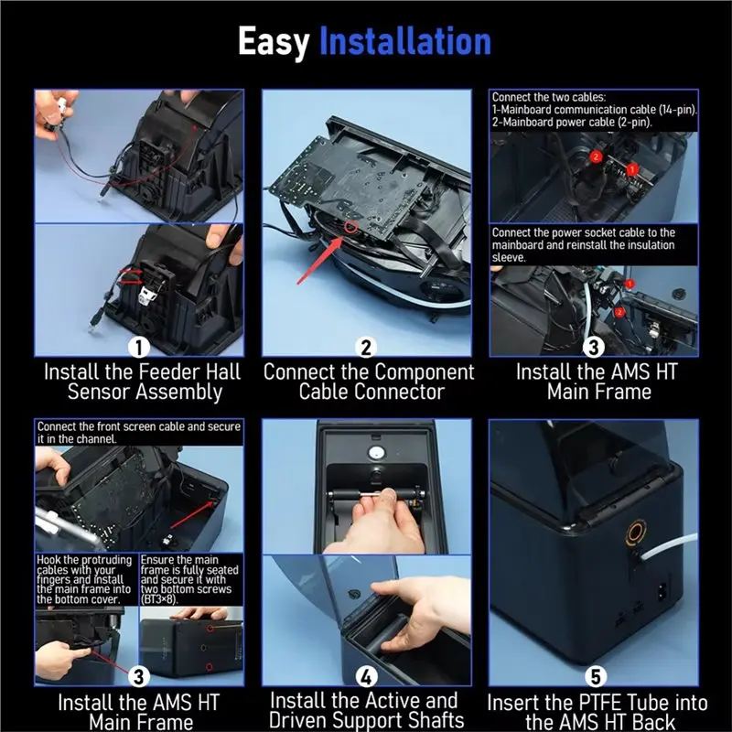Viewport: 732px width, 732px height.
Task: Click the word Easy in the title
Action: [x=273, y=42]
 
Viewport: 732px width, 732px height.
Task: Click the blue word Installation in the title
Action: [x=404, y=41]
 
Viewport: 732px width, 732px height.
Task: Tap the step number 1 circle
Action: [x=139, y=348]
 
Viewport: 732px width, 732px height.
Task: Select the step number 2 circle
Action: [x=367, y=348]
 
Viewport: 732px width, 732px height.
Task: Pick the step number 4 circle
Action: [x=367, y=676]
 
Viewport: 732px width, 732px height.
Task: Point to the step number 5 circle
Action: [x=596, y=676]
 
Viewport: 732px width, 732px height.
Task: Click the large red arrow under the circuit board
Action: [x=320, y=260]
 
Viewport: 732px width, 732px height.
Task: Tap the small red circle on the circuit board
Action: [x=351, y=227]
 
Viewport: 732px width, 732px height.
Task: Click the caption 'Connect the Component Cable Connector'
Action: [x=369, y=382]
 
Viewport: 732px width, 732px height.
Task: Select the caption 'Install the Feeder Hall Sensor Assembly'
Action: [x=143, y=382]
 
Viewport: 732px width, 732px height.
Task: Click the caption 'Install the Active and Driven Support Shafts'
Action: [x=365, y=710]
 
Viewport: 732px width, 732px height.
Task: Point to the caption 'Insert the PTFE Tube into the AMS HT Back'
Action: [x=597, y=711]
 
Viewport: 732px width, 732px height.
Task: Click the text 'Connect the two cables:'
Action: [x=548, y=97]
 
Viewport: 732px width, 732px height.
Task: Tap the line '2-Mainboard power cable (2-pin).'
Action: [x=572, y=123]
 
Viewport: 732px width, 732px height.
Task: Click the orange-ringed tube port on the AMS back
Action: [x=636, y=533]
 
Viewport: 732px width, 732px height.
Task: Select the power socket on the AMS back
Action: [x=662, y=593]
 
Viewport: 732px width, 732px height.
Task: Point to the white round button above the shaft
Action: [x=376, y=452]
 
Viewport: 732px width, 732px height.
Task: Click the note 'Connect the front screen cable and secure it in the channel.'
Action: [x=139, y=432]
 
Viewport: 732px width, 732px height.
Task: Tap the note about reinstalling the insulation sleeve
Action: [x=584, y=244]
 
